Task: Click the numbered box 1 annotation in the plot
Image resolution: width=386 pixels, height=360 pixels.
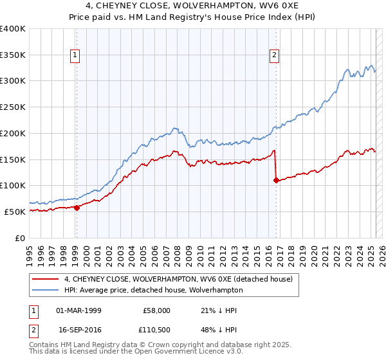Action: [x=76, y=56]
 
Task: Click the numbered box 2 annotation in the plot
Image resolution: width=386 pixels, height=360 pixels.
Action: [x=274, y=56]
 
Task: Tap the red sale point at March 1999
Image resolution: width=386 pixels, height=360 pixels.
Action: [x=77, y=208]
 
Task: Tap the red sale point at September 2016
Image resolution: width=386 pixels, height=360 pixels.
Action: [x=276, y=181]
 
